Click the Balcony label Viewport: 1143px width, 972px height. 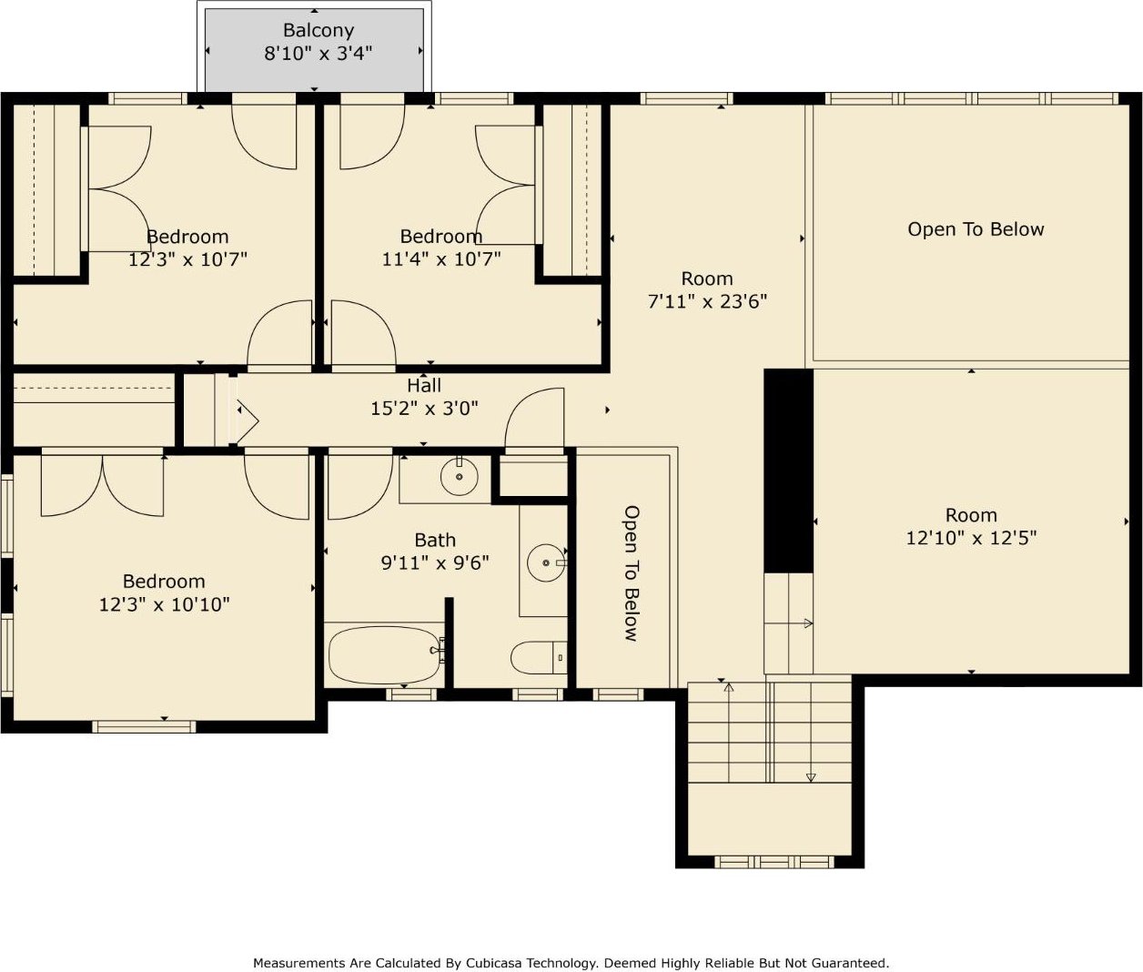(x=318, y=30)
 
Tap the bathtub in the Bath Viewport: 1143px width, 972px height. (x=385, y=655)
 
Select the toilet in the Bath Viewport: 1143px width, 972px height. (x=539, y=657)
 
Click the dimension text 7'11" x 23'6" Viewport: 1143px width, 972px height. (x=707, y=301)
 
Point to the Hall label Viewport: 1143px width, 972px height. (x=424, y=385)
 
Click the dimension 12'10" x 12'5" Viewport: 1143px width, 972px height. (x=971, y=537)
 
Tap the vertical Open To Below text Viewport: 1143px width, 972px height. (x=632, y=572)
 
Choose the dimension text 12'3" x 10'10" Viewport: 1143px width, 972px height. (x=164, y=603)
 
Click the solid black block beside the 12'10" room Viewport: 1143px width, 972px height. (x=789, y=471)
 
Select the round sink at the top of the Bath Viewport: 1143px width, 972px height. (x=459, y=476)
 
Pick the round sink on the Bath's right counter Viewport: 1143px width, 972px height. (x=546, y=562)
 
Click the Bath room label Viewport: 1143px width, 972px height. (x=435, y=540)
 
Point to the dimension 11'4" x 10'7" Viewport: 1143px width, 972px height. (x=441, y=258)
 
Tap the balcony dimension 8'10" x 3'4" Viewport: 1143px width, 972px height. (x=318, y=53)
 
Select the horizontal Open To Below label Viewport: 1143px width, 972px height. (x=976, y=229)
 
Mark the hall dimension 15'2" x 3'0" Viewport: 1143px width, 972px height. (x=424, y=408)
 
